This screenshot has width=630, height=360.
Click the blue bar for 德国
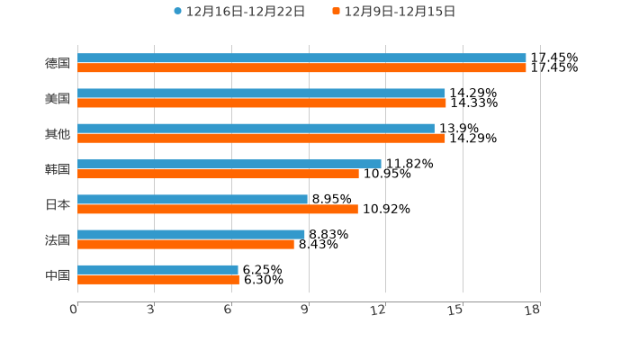point(301,58)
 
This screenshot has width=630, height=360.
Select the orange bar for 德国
point(301,67)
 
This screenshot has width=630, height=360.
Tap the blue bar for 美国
point(261,93)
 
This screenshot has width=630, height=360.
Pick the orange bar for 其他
point(261,139)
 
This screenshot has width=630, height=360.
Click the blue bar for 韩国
point(229,164)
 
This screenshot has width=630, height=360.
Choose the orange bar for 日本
point(218,209)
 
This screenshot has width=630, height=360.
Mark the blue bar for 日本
point(193,199)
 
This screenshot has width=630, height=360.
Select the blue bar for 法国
point(191,234)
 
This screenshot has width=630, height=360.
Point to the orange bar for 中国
point(158,279)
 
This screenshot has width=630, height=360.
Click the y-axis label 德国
point(58,63)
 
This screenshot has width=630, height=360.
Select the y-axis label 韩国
point(58,169)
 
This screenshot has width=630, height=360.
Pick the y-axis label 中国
point(58,274)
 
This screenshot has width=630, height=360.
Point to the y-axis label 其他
point(58,133)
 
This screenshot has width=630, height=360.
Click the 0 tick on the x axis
point(74,310)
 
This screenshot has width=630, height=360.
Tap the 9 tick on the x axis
point(305,310)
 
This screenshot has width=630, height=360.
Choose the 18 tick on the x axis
point(533,310)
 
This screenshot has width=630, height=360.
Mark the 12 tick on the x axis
point(379,310)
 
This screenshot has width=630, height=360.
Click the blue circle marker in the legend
point(178,12)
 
